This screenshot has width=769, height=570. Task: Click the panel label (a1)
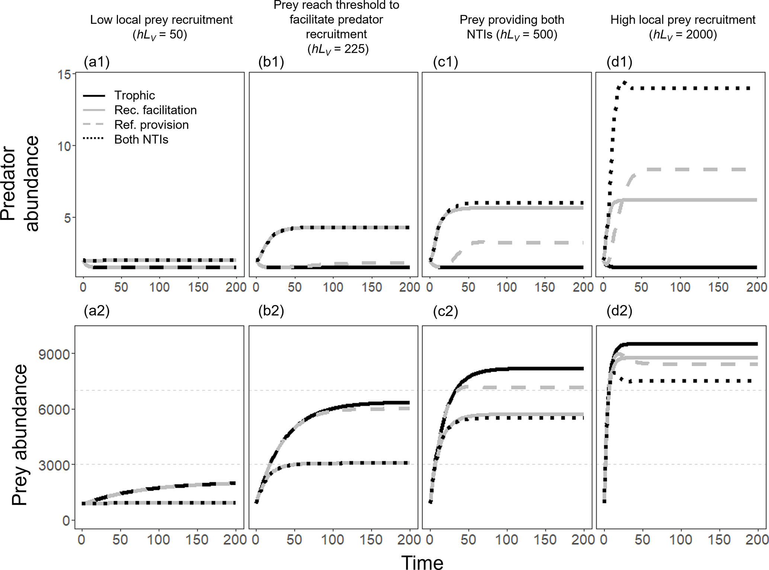(x=97, y=62)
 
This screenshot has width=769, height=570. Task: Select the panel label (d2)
(x=619, y=311)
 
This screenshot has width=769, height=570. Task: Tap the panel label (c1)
(x=445, y=62)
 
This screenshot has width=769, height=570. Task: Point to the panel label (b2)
(x=271, y=311)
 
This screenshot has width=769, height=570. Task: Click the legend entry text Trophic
(x=134, y=96)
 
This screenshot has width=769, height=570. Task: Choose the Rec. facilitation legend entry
(x=155, y=110)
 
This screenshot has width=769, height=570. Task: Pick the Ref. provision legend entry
(x=151, y=125)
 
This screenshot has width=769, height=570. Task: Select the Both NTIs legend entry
(x=141, y=140)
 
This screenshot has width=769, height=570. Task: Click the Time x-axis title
(x=422, y=562)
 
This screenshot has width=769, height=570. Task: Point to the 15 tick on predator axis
(x=64, y=74)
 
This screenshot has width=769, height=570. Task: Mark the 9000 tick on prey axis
(x=54, y=354)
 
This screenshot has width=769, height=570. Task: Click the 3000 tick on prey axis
(x=54, y=465)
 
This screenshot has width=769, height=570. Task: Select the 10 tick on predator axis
(x=64, y=146)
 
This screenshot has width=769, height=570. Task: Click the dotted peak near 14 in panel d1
(x=625, y=83)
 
